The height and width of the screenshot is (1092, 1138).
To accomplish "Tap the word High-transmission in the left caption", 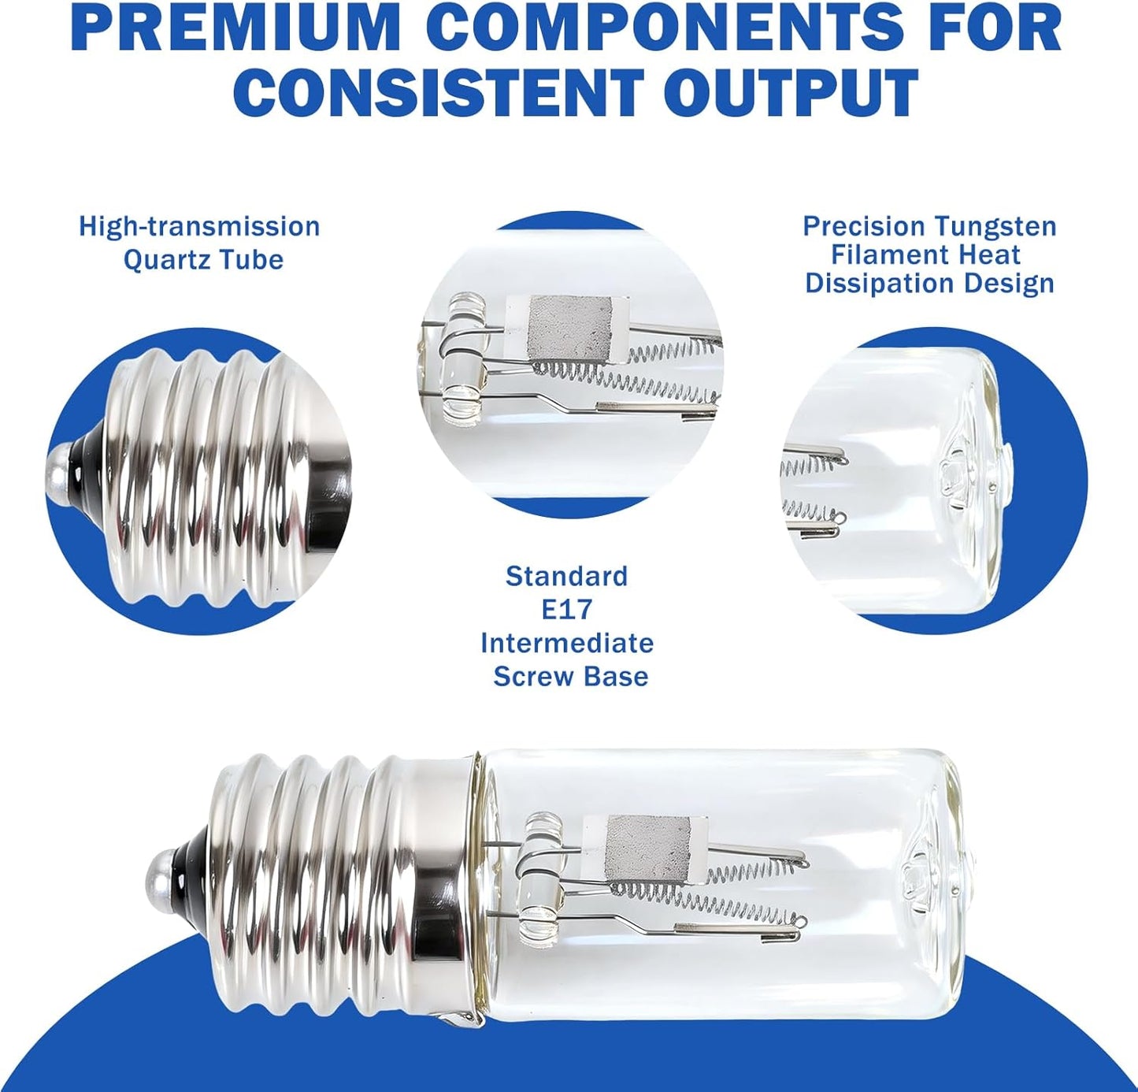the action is [199, 227].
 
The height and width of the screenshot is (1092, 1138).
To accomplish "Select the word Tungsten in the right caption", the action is [995, 226].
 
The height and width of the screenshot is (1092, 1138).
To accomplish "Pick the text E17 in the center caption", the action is [567, 610].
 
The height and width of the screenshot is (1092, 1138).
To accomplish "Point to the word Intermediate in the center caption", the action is [567, 644].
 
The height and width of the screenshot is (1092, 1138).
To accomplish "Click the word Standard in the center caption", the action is [567, 576].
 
